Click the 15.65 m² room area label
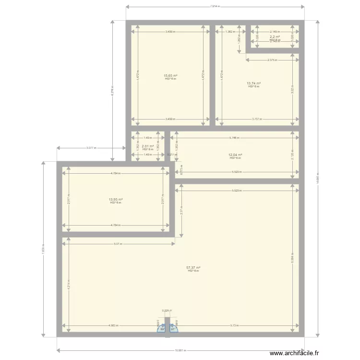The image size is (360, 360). [x=170, y=76]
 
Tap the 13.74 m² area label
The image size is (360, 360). [x=254, y=83]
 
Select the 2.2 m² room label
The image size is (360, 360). [x=275, y=37]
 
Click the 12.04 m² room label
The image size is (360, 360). [x=235, y=155]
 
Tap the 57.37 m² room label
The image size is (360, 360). [x=193, y=268]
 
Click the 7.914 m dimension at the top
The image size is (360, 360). [x=215, y=6]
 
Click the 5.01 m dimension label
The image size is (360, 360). [x=118, y=244]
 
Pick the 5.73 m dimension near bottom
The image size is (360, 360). [x=234, y=326]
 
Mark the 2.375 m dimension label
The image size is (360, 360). [x=272, y=60]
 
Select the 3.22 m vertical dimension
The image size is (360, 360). [x=292, y=89]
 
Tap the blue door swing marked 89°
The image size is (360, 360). [x=161, y=328]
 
